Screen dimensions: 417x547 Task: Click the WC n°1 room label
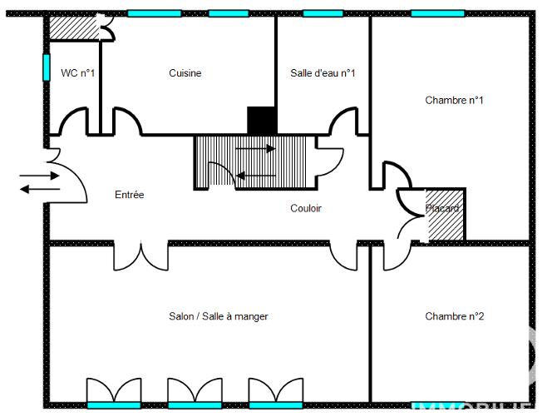tap(78, 73)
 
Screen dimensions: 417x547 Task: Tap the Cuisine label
tap(185, 73)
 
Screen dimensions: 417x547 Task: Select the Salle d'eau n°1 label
tap(323, 73)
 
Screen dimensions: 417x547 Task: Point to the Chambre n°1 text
tap(454, 100)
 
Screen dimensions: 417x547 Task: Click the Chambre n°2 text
tap(454, 316)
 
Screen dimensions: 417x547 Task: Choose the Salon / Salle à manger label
tap(219, 316)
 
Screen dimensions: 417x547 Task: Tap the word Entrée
tap(129, 195)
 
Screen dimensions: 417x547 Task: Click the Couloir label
tap(306, 208)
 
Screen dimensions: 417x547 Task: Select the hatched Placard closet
tap(445, 218)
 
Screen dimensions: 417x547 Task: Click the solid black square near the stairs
tap(261, 121)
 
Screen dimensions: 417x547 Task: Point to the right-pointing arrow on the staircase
tap(256, 149)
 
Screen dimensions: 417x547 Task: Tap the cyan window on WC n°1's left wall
tap(46, 67)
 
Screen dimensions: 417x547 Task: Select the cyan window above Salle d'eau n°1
tap(323, 13)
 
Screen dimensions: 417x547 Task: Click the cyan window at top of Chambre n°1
tap(438, 13)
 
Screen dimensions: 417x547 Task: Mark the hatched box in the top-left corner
tap(73, 27)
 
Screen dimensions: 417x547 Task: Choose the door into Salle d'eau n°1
tap(343, 123)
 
